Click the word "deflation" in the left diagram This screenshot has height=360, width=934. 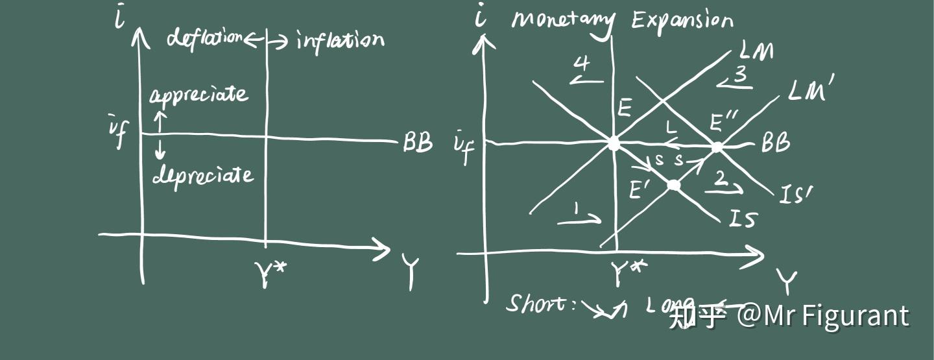[x=204, y=38]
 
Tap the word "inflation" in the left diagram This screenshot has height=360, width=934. [x=340, y=41]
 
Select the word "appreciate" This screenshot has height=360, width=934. [x=198, y=96]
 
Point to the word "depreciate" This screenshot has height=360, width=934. [x=202, y=174]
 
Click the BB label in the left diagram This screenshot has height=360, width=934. [x=417, y=142]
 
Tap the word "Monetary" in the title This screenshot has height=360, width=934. [x=562, y=21]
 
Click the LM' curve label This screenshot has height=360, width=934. [x=811, y=91]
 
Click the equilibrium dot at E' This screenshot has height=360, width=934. [x=674, y=186]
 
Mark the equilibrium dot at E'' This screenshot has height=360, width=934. [x=717, y=147]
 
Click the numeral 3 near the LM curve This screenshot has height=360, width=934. [x=739, y=75]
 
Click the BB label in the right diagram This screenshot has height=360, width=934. [x=775, y=143]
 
